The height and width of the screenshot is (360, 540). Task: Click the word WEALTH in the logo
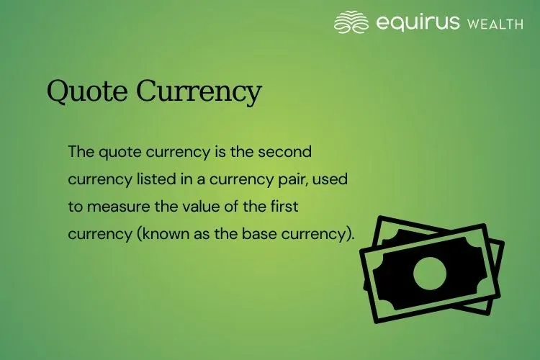click(495, 24)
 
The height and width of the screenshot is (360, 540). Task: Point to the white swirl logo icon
click(351, 22)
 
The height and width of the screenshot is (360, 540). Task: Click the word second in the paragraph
click(290, 153)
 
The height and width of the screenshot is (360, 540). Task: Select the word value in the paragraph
click(197, 207)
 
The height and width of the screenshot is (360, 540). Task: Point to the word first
click(283, 207)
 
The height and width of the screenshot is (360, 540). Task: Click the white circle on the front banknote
click(430, 273)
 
